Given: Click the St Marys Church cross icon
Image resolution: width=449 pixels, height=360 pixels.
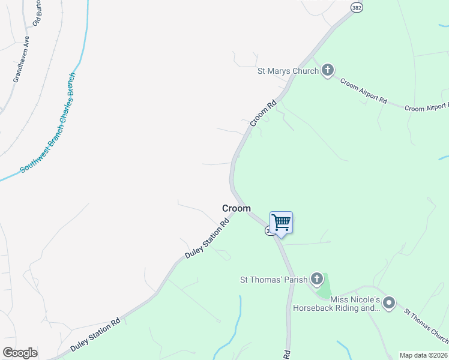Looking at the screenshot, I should click(x=327, y=71).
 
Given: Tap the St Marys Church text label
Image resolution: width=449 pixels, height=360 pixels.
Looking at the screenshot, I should click(x=288, y=71).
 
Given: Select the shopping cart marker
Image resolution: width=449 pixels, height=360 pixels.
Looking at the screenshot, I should click(x=281, y=223).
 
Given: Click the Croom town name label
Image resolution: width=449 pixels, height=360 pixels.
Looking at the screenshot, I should click(x=237, y=208).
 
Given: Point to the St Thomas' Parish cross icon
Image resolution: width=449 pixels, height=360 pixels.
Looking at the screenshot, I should click(x=317, y=279).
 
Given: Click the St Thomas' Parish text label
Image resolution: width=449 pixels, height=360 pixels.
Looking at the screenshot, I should click(x=274, y=280).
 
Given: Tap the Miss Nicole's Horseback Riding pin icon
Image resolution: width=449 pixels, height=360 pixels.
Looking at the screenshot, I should click(x=389, y=304).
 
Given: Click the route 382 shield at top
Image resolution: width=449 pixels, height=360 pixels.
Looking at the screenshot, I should click(x=357, y=7).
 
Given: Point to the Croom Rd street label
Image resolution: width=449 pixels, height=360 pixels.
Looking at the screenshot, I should click(x=263, y=112).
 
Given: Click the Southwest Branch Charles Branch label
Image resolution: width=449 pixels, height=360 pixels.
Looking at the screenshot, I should click(x=48, y=124).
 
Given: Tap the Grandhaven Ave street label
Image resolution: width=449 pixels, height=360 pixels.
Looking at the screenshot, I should click(x=21, y=59).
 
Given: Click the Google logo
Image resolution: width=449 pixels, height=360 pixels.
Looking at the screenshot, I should click(x=20, y=353).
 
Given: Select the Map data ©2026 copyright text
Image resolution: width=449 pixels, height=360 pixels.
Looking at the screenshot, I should click(x=423, y=355).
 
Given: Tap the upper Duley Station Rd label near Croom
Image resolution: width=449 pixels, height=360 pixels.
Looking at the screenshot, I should click(x=208, y=238).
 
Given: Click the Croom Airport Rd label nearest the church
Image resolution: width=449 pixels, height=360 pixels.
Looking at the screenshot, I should click(x=363, y=91).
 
